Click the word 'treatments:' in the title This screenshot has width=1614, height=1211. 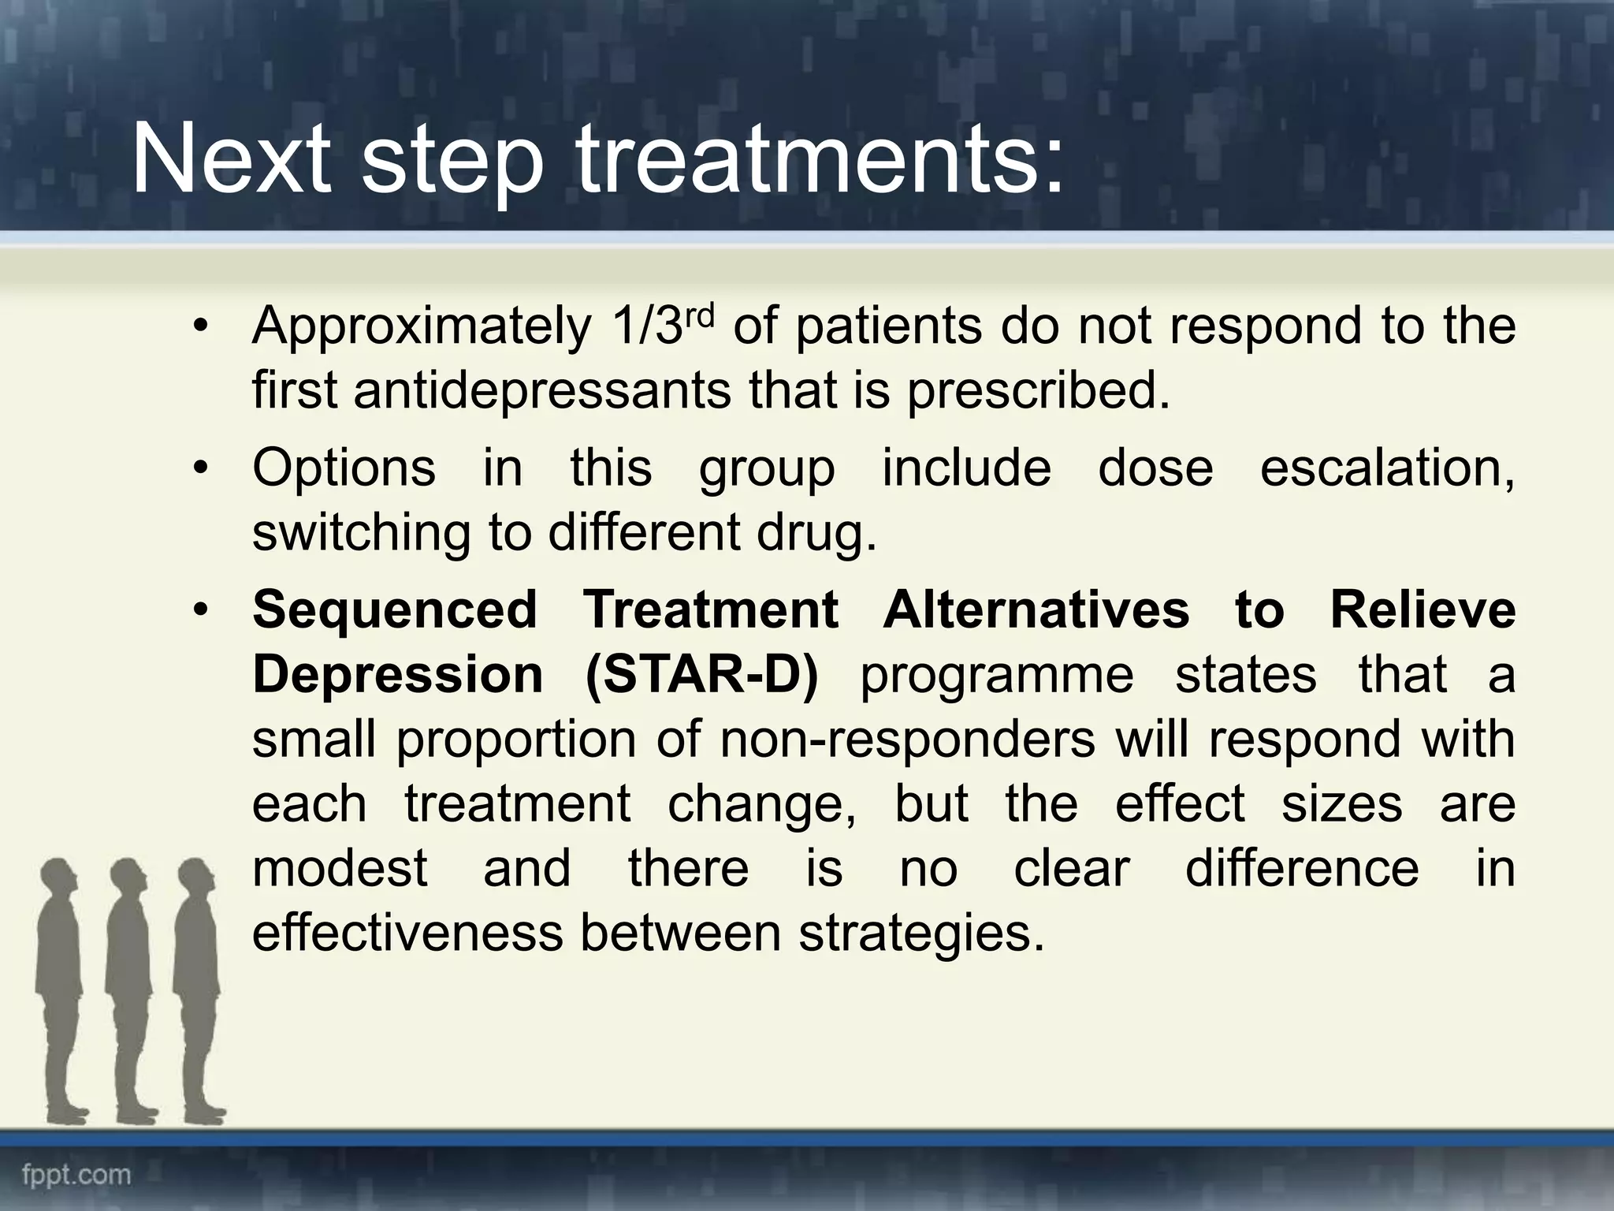click(820, 163)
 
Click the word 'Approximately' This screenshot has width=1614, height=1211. click(422, 327)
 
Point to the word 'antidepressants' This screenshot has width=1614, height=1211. click(542, 390)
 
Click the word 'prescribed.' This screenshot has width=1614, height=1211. click(1038, 390)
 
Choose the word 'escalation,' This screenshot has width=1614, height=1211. click(1387, 468)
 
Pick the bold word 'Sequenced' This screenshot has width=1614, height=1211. click(394, 609)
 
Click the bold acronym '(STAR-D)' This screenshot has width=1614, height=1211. click(702, 675)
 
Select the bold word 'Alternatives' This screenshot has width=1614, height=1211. click(1036, 609)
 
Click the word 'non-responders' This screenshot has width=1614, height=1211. click(907, 740)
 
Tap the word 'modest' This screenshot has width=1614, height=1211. click(340, 868)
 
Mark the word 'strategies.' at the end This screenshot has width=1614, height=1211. click(921, 933)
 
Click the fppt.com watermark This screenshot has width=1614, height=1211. click(76, 1175)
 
